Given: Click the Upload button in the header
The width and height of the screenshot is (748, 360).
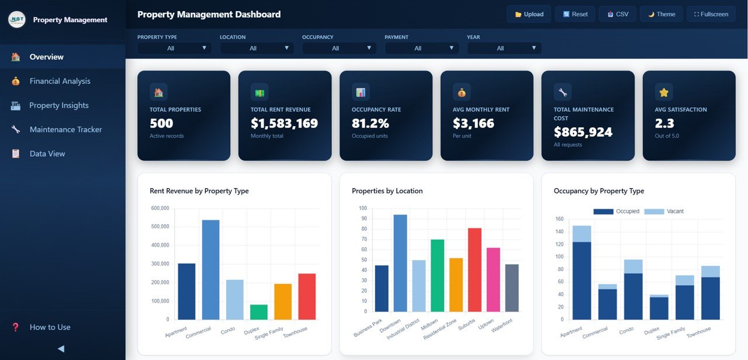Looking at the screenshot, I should (x=529, y=14).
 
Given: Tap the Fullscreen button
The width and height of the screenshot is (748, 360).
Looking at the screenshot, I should (x=711, y=14).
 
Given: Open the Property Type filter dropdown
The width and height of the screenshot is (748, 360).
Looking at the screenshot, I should (x=174, y=48).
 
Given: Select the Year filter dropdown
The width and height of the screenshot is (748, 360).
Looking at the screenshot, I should (x=504, y=48).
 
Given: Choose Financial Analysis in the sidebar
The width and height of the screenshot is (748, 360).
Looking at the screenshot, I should (x=60, y=81).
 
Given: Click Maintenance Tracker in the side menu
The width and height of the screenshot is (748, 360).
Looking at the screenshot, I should (x=65, y=130).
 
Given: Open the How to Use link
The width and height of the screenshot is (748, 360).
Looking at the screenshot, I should (x=50, y=327).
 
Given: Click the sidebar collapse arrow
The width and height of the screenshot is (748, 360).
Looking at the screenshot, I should (x=61, y=349).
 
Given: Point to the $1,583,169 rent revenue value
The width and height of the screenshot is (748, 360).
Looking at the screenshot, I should (x=284, y=123).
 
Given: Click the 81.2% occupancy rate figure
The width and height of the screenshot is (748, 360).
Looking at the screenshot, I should (x=370, y=123).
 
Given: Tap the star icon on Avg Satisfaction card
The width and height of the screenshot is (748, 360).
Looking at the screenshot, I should (x=664, y=92).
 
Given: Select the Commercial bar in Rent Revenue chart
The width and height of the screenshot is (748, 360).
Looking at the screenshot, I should (x=210, y=270).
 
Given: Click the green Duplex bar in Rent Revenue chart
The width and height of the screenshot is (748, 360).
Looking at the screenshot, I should (x=259, y=312).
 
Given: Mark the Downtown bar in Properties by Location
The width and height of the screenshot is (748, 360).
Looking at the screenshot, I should (x=400, y=263).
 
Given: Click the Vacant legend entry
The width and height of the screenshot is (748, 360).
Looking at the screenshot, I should (x=664, y=212).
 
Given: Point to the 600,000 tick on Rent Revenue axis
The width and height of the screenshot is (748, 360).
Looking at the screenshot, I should (x=160, y=208).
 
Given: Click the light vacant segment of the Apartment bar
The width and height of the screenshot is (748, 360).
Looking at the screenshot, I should (x=581, y=234).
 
